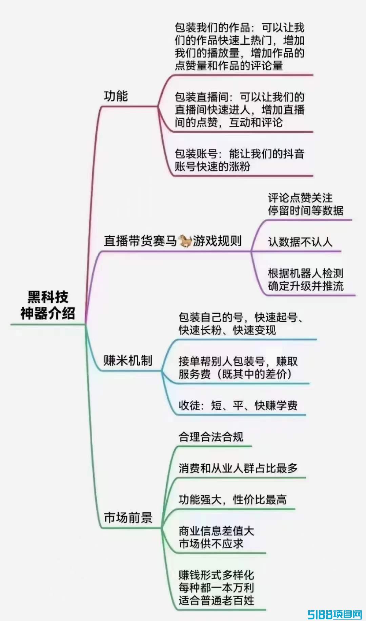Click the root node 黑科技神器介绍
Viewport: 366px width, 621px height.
(x=47, y=305)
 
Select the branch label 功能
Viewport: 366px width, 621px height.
(x=116, y=96)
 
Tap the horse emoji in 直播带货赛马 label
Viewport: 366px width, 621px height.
(x=185, y=241)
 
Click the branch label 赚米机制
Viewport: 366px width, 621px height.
(x=128, y=360)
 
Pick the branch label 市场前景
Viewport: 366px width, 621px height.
(x=128, y=517)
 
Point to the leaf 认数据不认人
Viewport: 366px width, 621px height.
(x=300, y=242)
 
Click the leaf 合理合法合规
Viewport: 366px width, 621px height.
(x=211, y=437)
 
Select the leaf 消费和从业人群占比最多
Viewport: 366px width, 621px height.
(x=238, y=468)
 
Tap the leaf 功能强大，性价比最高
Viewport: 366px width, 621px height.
(x=232, y=500)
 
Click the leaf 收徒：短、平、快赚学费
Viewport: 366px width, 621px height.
(x=238, y=405)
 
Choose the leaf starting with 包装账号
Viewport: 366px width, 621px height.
(x=239, y=160)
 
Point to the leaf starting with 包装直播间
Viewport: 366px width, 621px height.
(x=239, y=110)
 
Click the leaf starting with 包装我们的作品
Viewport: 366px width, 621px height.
(x=239, y=47)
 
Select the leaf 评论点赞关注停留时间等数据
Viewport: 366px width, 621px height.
(x=305, y=204)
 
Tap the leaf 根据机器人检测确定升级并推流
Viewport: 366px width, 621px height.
(x=305, y=280)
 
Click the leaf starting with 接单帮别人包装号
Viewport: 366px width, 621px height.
(x=238, y=368)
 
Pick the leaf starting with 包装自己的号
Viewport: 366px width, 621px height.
(x=241, y=324)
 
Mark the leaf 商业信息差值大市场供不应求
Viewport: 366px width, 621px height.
(x=216, y=537)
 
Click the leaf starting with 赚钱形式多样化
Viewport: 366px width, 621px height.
(x=216, y=587)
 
